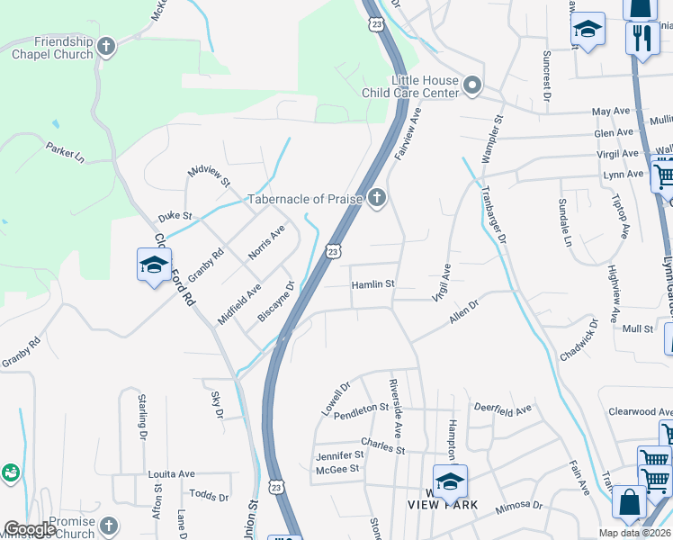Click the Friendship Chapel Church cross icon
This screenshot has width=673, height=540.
pyautogui.click(x=106, y=46)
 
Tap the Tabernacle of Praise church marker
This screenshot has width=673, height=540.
pyautogui.click(x=376, y=198)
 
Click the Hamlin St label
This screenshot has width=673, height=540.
pyautogui.click(x=372, y=284)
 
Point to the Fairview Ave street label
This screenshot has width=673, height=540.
pyautogui.click(x=410, y=133)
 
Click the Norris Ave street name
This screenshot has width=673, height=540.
pyautogui.click(x=266, y=241)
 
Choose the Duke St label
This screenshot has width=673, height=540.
pyautogui.click(x=175, y=217)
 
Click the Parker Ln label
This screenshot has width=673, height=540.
pyautogui.click(x=65, y=152)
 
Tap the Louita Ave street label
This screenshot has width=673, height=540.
pyautogui.click(x=171, y=474)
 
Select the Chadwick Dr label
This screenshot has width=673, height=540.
pyautogui.click(x=579, y=340)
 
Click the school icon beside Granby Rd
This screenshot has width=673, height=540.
pyautogui.click(x=154, y=265)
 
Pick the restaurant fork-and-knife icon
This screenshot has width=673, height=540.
pyautogui.click(x=642, y=37)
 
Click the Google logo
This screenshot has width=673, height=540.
pyautogui.click(x=30, y=529)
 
